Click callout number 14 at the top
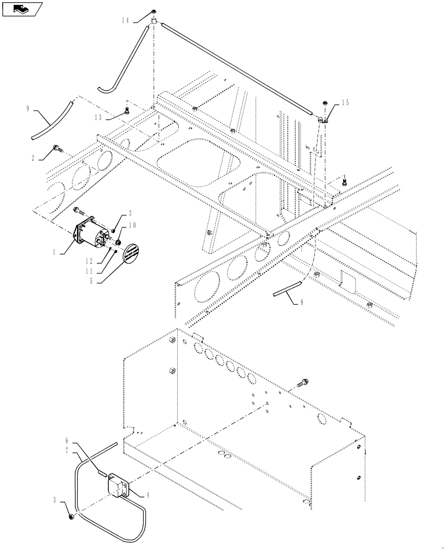point(125,20)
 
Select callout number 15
point(345,103)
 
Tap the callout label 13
point(97,117)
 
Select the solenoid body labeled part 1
point(91,232)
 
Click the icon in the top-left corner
point(23,9)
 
